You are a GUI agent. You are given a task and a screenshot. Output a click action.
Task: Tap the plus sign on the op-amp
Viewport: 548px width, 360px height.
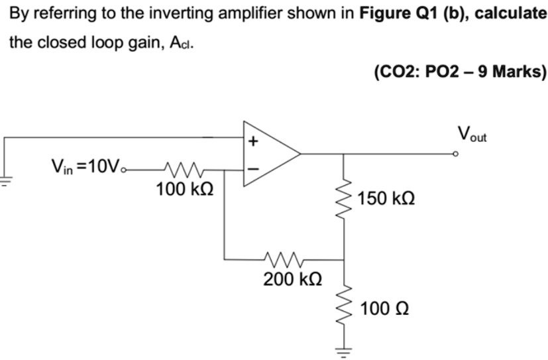point(252,141)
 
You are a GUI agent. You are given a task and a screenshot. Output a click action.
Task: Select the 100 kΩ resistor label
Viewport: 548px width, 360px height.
point(185,190)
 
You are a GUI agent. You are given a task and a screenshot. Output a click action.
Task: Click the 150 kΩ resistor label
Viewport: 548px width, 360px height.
point(386,198)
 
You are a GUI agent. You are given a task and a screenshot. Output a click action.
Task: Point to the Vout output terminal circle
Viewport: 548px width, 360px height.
point(455,154)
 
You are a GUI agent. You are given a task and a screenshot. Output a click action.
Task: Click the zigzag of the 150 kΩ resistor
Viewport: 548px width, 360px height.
point(344,198)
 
